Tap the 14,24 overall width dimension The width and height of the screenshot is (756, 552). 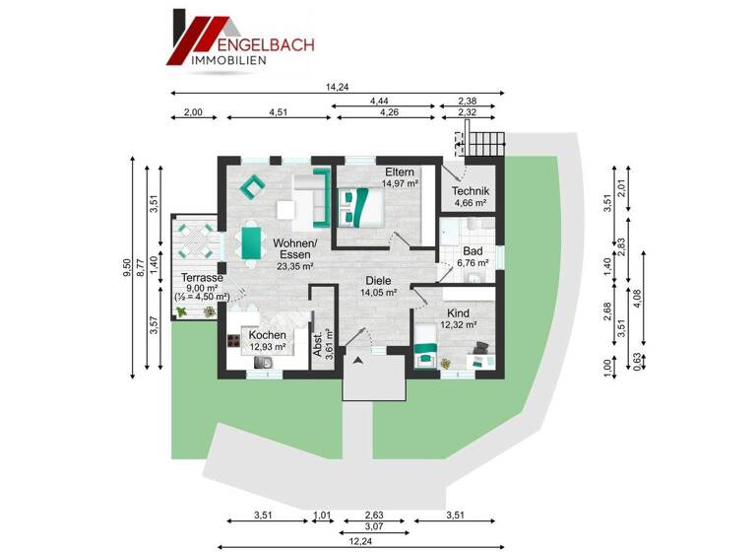[x=337, y=87]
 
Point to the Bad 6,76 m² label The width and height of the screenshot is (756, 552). [x=472, y=256]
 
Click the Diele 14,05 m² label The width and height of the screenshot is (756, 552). [x=379, y=286]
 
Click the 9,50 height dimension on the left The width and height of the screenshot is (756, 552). [x=126, y=267]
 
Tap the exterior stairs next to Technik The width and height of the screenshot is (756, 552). [x=485, y=146]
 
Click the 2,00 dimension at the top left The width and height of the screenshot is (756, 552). [x=193, y=112]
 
